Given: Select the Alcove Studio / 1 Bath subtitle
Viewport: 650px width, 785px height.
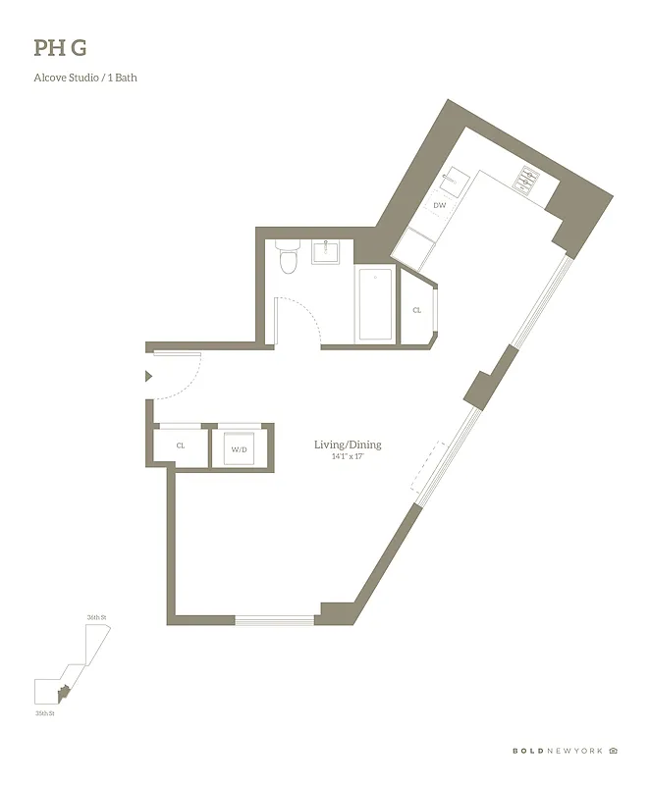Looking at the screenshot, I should pos(85,78).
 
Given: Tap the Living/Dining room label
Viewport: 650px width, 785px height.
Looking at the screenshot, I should pos(347,445).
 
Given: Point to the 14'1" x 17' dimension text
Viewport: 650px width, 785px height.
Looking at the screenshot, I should pos(347,458).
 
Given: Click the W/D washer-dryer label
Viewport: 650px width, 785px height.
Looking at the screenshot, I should pos(239,449).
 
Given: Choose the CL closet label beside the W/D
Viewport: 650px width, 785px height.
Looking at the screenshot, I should pos(181,445).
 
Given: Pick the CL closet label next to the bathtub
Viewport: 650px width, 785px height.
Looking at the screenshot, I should pos(416,310).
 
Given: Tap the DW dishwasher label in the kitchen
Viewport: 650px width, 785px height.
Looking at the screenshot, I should pos(440,205).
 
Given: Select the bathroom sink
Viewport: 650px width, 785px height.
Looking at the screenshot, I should pos(326,252).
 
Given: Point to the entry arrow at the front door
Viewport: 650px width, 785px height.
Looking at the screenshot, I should pos(148,376).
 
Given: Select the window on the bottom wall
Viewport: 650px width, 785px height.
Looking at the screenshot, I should pos(274,619).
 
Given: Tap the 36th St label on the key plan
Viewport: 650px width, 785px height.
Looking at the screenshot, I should pos(95,617).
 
